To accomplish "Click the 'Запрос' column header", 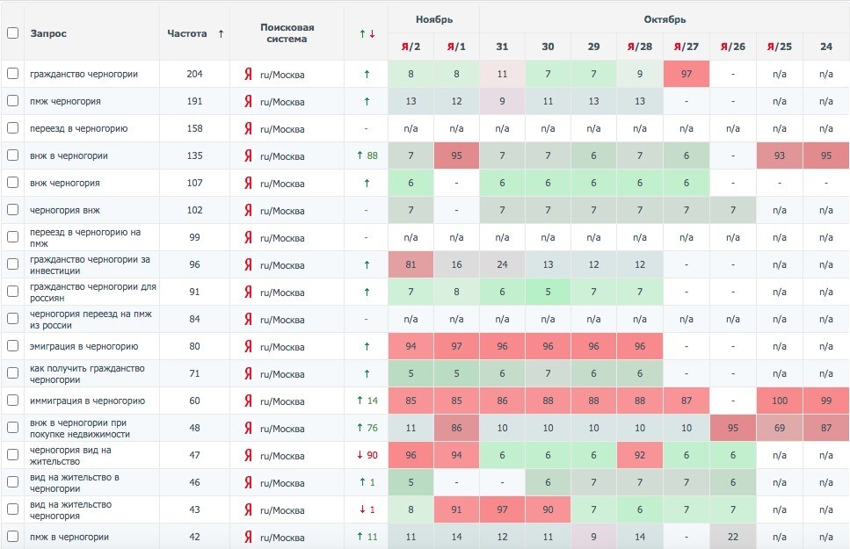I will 48,33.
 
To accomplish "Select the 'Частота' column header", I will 187,33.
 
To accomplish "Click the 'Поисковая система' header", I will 287,33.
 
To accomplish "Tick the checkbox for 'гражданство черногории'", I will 12,74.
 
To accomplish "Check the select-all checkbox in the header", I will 12,33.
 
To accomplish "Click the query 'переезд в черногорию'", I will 78,128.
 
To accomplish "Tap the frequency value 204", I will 194,74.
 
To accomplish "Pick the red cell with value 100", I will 779,401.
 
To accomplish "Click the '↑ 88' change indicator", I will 367,155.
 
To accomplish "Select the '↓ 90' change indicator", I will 367,455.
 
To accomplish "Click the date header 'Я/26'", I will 733,47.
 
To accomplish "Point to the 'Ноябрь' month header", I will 433,19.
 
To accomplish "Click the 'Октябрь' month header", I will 665,19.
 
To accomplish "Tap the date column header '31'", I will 502,47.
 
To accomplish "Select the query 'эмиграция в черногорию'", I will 84,346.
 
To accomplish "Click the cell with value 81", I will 410,264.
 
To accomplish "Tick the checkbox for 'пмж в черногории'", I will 12,537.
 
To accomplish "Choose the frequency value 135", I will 194,155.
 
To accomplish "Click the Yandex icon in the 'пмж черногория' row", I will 248,101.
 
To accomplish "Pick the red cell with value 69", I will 779,428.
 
